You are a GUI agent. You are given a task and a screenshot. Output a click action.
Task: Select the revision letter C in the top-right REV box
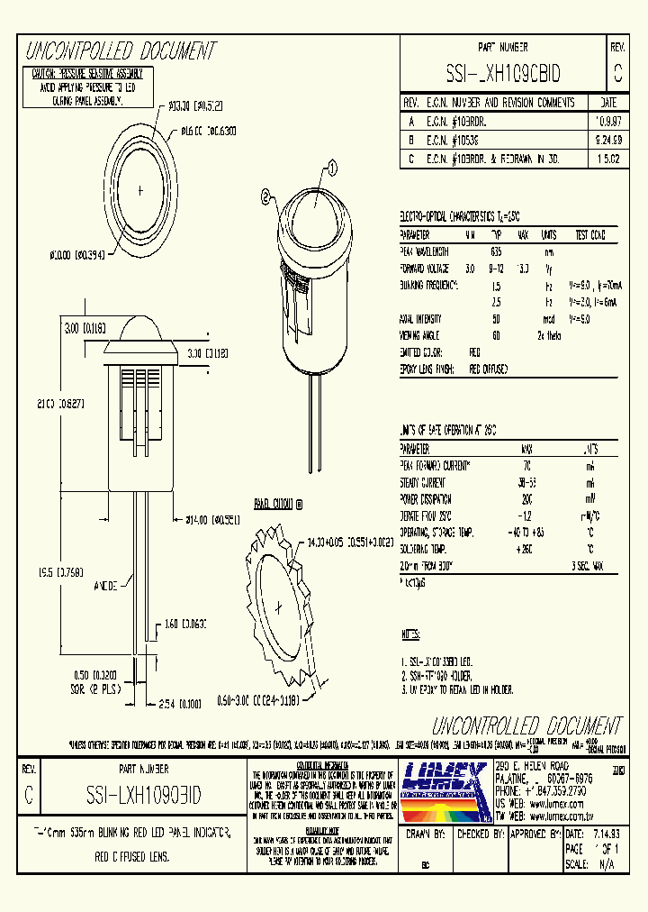click(616, 73)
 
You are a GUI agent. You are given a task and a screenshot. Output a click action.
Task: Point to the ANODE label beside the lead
click(106, 586)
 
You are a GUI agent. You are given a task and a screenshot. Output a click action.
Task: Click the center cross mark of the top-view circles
click(140, 190)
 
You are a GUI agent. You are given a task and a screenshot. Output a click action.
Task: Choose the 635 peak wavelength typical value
click(496, 252)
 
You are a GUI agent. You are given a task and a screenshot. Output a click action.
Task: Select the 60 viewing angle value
click(496, 334)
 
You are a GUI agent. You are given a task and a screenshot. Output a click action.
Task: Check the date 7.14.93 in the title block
click(607, 834)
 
